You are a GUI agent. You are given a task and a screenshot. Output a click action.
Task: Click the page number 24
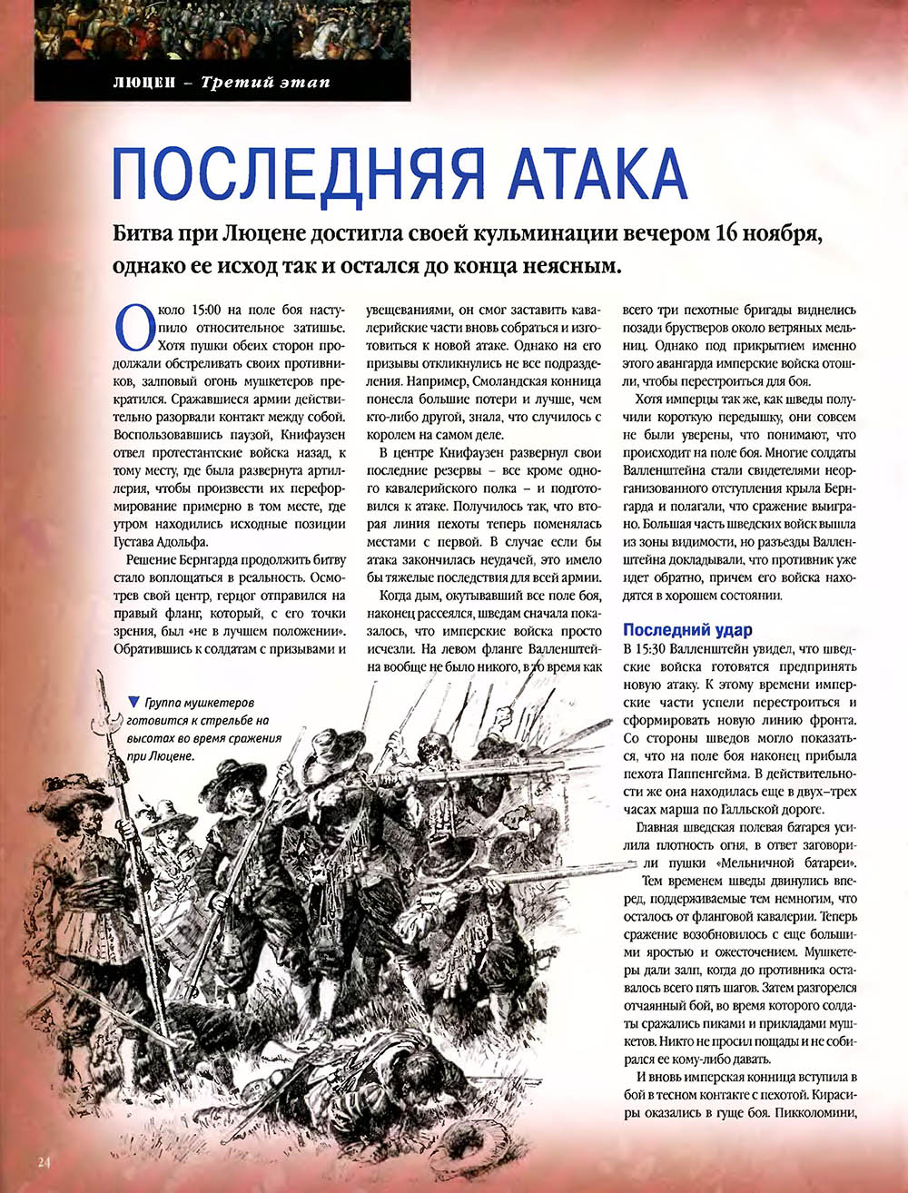pos(45,1162)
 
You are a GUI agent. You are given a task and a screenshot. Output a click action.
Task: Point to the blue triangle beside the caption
pos(134,701)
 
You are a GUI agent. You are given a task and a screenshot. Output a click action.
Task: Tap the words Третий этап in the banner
pos(265,83)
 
